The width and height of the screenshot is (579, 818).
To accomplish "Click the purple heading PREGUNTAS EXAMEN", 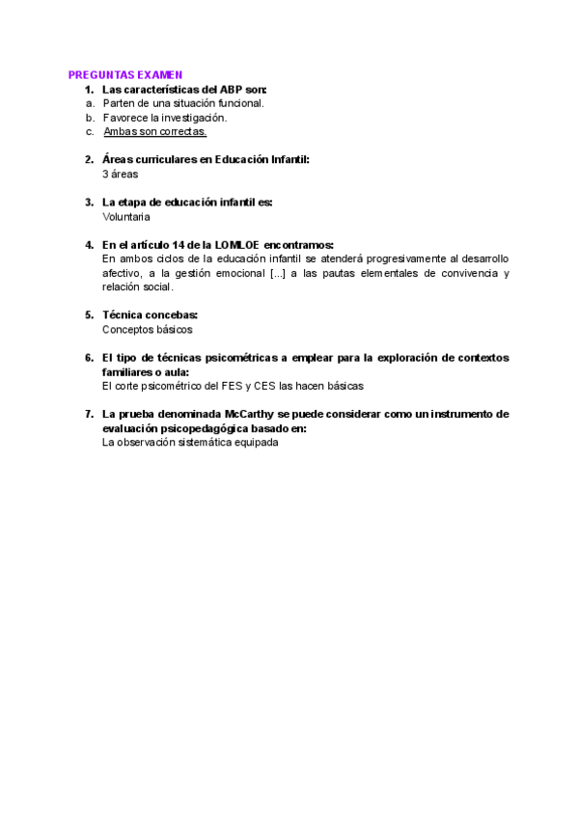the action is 125,74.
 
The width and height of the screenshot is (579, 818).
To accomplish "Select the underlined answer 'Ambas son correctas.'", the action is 154,131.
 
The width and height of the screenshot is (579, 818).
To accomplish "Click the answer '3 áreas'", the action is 121,175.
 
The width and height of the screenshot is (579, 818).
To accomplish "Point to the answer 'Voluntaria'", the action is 126,217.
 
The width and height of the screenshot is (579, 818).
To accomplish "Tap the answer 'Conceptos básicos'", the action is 147,329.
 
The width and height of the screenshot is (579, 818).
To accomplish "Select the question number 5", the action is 89,314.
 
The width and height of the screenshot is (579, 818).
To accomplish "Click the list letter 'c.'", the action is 90,131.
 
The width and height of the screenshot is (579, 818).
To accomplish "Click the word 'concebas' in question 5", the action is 170,314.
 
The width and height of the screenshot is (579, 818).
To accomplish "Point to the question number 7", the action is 89,414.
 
